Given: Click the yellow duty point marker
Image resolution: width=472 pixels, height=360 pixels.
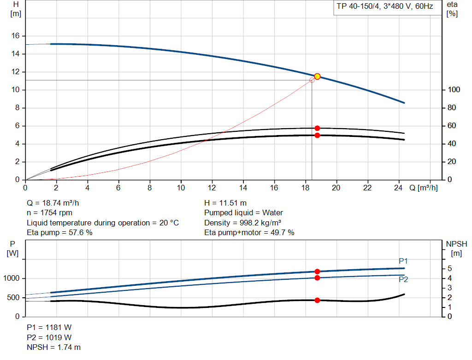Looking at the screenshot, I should pyautogui.click(x=317, y=77).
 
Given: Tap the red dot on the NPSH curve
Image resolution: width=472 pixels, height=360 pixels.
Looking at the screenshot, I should pyautogui.click(x=317, y=300).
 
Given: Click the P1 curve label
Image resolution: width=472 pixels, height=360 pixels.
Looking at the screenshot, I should pyautogui.click(x=403, y=261).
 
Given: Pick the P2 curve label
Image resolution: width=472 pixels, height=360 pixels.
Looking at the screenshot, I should pyautogui.click(x=403, y=279).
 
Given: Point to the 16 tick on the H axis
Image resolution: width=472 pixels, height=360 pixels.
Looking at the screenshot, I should pyautogui.click(x=15, y=36).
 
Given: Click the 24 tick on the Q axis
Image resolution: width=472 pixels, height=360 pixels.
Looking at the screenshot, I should pyautogui.click(x=399, y=188).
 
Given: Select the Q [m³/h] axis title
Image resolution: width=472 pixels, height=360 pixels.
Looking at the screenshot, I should pyautogui.click(x=423, y=188).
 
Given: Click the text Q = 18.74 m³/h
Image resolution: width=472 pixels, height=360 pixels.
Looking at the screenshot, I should pyautogui.click(x=56, y=203).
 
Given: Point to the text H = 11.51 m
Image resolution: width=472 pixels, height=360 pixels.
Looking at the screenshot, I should pyautogui.click(x=225, y=203).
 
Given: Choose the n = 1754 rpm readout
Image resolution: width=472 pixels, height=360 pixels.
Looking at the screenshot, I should pyautogui.click(x=49, y=213).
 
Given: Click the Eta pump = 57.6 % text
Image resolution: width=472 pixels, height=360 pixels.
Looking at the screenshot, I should pyautogui.click(x=59, y=233).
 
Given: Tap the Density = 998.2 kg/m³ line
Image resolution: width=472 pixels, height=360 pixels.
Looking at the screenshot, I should pyautogui.click(x=243, y=223).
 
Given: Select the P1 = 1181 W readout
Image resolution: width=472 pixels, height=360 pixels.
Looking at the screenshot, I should pyautogui.click(x=49, y=328).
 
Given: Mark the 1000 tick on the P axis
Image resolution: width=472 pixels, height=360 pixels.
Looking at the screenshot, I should pyautogui.click(x=12, y=278).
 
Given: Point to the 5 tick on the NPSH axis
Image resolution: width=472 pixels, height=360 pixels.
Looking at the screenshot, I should pyautogui.click(x=450, y=269).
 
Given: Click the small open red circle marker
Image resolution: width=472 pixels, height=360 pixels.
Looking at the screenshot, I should pyautogui.click(x=312, y=80).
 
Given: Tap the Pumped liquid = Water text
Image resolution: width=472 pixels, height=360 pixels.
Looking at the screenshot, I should pyautogui.click(x=243, y=213).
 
